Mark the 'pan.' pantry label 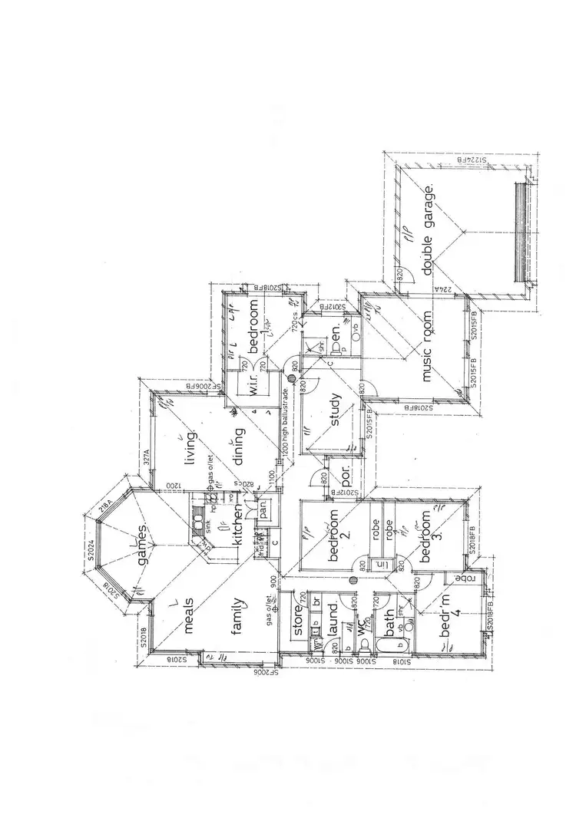pyautogui.click(x=263, y=509)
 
